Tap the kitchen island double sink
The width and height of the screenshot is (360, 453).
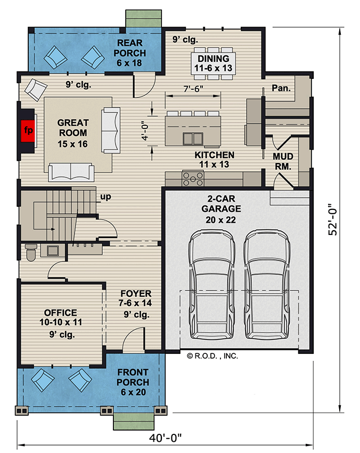click(192, 139)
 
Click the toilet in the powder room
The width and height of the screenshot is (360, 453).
click(30, 251)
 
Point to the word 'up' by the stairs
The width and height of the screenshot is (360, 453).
click(105, 197)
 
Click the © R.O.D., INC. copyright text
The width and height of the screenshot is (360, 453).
click(212, 356)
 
